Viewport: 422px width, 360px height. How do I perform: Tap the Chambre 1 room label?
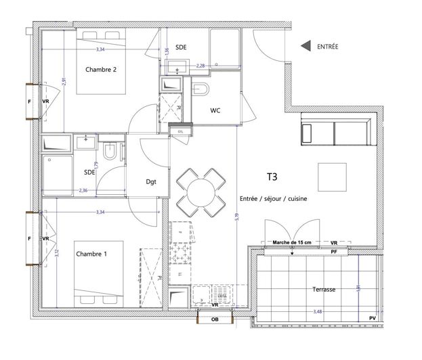pyautogui.click(x=91, y=254)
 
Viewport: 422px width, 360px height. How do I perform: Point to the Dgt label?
pyautogui.click(x=152, y=181)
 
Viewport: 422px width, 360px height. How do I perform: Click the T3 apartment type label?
pyautogui.click(x=272, y=178)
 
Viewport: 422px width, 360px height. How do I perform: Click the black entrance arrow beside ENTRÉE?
pyautogui.click(x=305, y=46)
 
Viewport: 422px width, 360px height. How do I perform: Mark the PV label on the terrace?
pyautogui.click(x=372, y=318)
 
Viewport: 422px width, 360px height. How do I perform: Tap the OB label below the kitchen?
pyautogui.click(x=215, y=320)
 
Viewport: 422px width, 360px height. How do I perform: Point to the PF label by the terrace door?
pyautogui.click(x=333, y=252)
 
